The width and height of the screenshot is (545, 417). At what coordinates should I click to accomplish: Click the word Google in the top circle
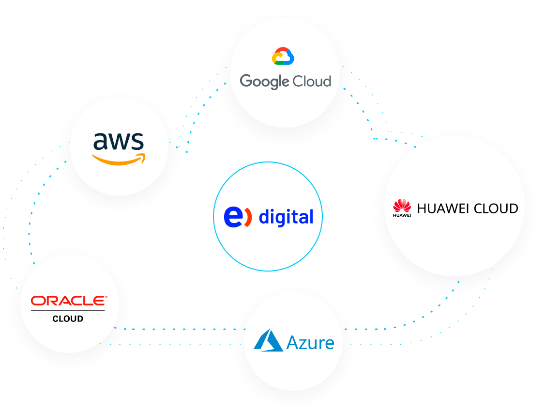point(264,81)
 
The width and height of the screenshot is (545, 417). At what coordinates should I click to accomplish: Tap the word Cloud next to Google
point(313,80)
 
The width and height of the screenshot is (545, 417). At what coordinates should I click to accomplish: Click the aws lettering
point(119,141)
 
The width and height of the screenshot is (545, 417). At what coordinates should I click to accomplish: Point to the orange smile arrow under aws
point(118,159)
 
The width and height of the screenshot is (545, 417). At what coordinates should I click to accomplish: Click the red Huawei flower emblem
point(402,205)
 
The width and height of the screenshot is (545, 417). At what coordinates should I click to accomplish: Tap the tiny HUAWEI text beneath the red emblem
point(402,215)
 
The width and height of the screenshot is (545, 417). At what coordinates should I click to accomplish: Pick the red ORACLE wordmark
point(68,301)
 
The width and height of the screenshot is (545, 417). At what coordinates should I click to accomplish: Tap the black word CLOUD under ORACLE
point(68,319)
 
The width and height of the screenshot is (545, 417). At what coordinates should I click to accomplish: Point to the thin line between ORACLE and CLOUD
point(68,311)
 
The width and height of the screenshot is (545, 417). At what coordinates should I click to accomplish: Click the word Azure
point(310,343)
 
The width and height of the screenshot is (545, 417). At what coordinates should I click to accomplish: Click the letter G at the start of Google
point(246,80)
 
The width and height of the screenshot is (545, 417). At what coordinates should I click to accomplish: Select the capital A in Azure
point(293,343)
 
